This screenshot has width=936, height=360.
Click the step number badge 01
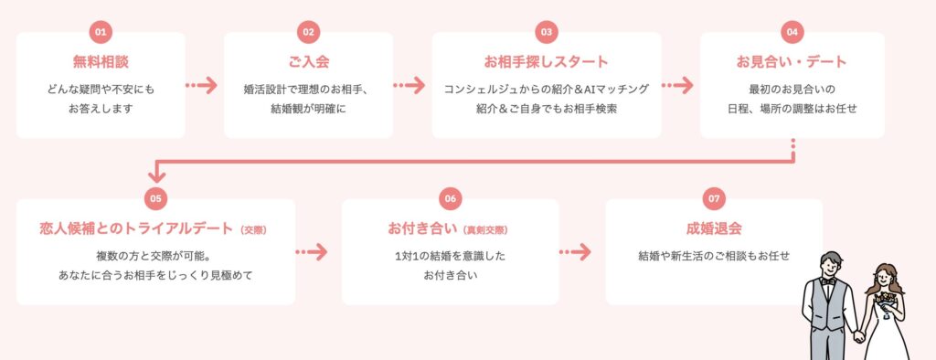click(101, 32)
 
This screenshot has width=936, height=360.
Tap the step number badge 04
click(792, 32)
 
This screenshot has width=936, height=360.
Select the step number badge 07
click(715, 198)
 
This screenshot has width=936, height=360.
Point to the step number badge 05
click(155, 198)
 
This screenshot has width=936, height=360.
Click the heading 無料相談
click(101, 62)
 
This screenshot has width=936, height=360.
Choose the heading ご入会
click(308, 62)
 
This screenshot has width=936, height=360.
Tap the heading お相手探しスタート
click(546, 62)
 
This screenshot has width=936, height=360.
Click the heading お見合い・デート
click(792, 62)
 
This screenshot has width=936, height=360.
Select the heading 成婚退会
click(714, 228)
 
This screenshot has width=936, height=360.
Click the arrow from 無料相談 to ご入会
click(202, 86)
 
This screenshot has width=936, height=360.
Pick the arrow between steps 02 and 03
click(409, 86)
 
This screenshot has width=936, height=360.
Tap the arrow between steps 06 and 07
click(575, 251)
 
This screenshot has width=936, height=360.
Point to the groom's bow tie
click(827, 281)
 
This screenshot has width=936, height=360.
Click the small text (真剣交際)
click(485, 229)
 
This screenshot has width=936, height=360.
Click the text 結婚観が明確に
click(308, 108)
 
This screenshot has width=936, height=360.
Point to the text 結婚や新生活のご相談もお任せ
click(714, 256)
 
